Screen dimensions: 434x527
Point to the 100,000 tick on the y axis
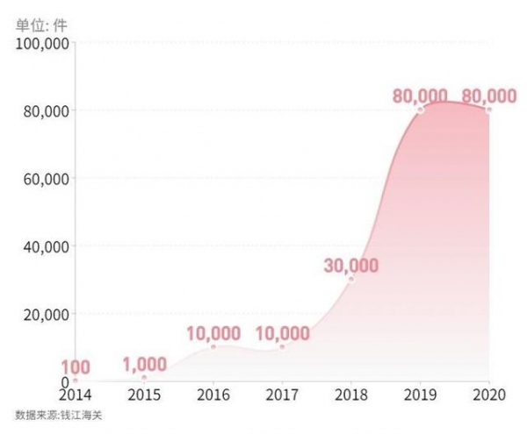(x=43, y=44)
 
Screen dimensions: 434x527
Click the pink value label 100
(x=75, y=366)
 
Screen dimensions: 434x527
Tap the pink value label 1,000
(x=144, y=363)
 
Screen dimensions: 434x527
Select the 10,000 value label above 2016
(x=213, y=333)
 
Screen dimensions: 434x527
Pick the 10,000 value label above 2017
(x=282, y=333)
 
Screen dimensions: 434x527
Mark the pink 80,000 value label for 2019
(x=420, y=96)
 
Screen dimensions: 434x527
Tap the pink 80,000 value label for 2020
(x=489, y=96)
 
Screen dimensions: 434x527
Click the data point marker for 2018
(x=351, y=280)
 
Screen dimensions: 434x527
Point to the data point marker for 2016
(x=213, y=347)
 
